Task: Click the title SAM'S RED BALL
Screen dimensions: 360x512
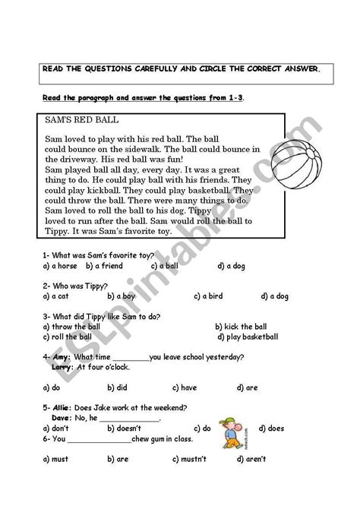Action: pyautogui.click(x=78, y=120)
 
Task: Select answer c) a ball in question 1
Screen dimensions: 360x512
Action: pyautogui.click(x=164, y=266)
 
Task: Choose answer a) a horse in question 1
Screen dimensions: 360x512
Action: pyautogui.click(x=62, y=266)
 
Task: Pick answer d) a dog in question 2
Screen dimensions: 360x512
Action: pyautogui.click(x=274, y=296)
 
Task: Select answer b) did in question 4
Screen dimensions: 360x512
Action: pyautogui.click(x=117, y=387)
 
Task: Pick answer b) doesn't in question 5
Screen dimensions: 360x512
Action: pyautogui.click(x=126, y=428)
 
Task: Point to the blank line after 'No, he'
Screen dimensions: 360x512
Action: pyautogui.click(x=130, y=419)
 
